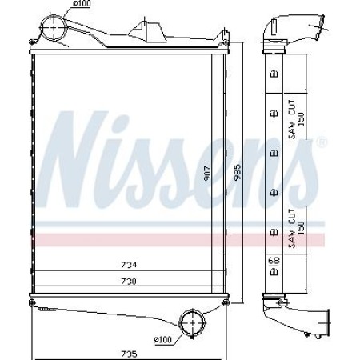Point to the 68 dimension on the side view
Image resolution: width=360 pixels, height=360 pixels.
tap(274, 262)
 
